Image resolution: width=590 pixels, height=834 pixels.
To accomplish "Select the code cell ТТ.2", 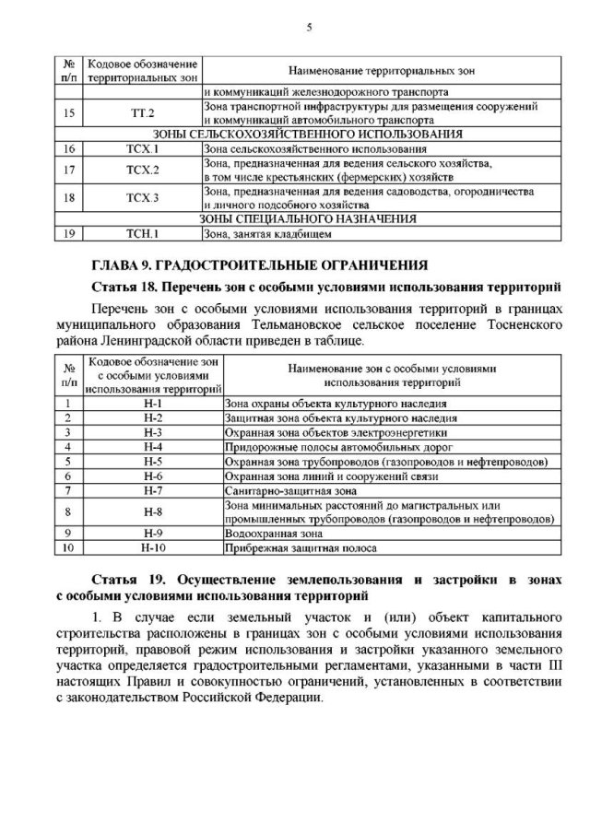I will (143, 113).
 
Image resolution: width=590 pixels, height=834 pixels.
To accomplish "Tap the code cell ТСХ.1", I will (143, 148).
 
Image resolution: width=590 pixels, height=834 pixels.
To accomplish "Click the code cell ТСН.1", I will (143, 233).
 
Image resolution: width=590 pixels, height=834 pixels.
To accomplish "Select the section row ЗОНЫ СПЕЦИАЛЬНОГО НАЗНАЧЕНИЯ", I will (308, 219).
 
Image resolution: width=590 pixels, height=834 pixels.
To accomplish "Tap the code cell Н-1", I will (153, 404).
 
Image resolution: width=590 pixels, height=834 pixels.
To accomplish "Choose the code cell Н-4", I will (153, 446).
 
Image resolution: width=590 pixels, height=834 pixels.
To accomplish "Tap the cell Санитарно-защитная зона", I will (286, 490).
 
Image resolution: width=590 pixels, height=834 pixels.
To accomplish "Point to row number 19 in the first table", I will (67, 233).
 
